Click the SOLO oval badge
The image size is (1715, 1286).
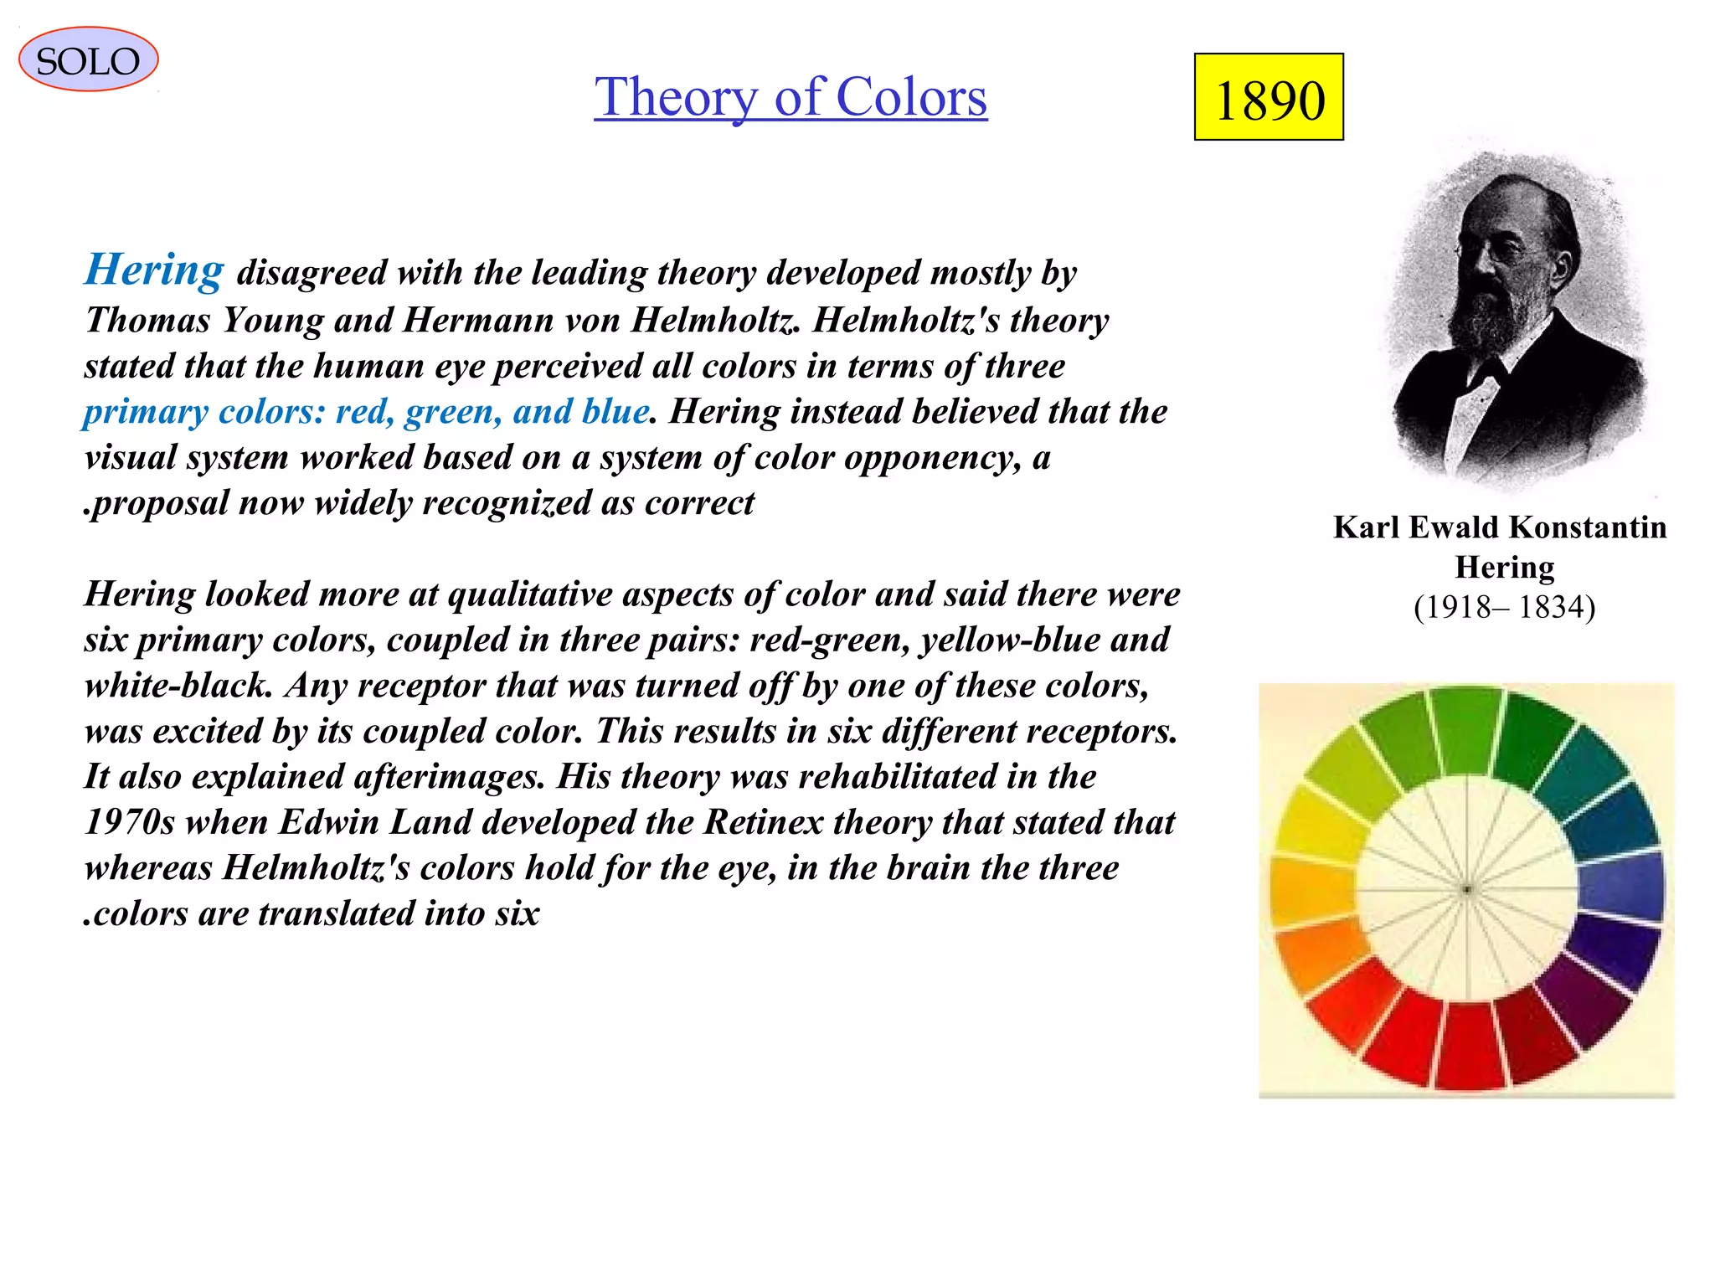pos(88,60)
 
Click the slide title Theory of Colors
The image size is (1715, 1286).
pos(791,97)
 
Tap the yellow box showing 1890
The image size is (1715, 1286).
pos(1269,98)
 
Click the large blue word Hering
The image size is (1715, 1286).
pos(155,270)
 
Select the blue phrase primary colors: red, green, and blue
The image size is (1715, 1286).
pos(367,412)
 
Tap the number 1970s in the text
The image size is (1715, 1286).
pos(129,822)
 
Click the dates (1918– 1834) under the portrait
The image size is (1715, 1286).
pos(1504,607)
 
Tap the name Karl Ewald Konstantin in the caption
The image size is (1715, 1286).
pos(1500,527)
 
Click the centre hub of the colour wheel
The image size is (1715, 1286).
pos(1467,889)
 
